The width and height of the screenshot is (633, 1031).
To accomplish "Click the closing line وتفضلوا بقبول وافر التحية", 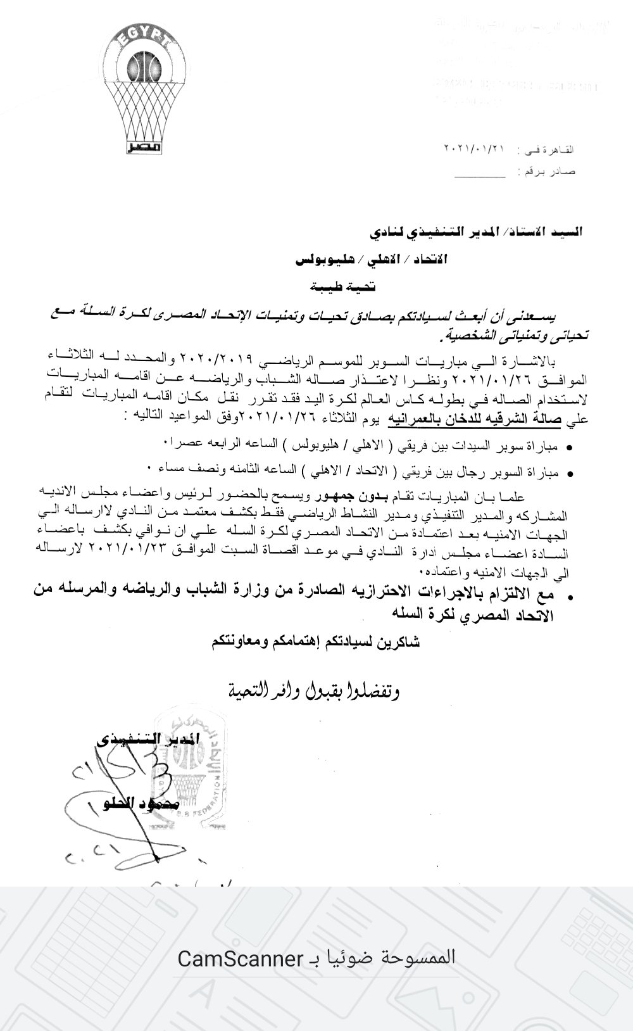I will tap(313, 688).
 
